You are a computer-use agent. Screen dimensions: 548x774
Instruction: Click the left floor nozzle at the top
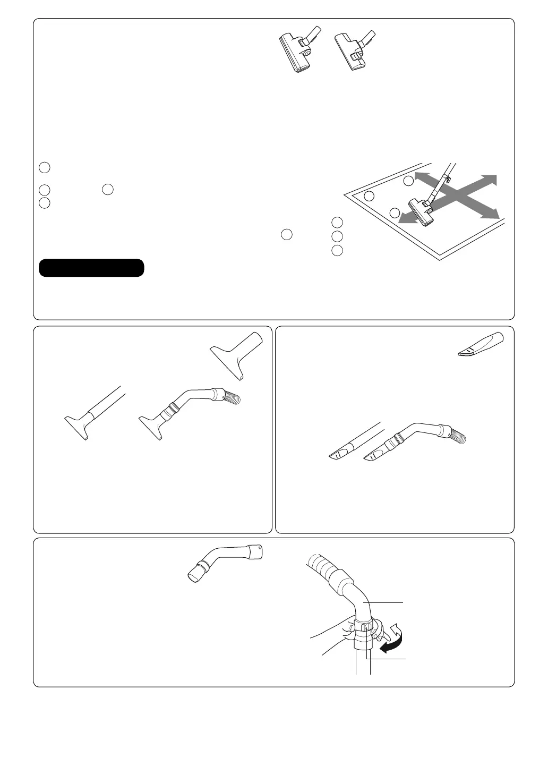point(297,52)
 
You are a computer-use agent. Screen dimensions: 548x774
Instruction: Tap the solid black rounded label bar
point(91,268)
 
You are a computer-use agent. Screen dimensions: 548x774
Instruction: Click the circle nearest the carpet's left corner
point(370,196)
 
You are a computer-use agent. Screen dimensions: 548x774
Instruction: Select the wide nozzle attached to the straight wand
point(79,422)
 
